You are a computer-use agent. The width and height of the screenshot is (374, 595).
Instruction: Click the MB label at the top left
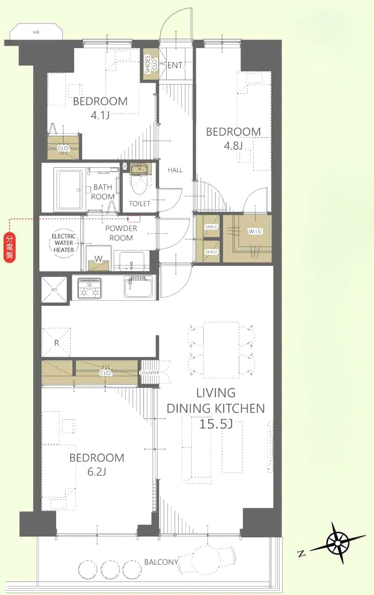tap(36, 33)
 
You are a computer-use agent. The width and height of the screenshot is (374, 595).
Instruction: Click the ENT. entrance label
tap(175, 66)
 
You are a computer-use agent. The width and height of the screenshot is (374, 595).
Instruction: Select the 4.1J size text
tap(100, 116)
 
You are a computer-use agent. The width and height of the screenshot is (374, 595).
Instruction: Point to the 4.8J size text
tap(233, 146)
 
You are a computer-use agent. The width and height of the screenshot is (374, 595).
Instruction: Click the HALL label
tap(175, 170)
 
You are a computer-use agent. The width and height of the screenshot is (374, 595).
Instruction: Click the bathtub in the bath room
tap(70, 189)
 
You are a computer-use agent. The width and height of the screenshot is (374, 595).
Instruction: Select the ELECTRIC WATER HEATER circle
tap(64, 243)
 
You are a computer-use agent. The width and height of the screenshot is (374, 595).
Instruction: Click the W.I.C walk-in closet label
tap(256, 231)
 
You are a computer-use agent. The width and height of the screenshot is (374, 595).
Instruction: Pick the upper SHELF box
tap(211, 226)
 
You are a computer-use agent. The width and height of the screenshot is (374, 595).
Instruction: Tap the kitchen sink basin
tap(138, 286)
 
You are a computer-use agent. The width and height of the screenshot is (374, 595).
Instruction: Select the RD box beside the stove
tap(54, 290)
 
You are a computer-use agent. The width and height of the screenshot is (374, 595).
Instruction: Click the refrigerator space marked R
tap(56, 343)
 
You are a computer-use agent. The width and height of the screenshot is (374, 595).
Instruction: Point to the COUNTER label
tap(150, 373)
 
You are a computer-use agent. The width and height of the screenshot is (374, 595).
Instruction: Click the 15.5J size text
tap(216, 424)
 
